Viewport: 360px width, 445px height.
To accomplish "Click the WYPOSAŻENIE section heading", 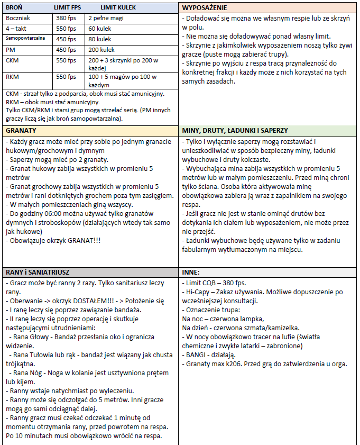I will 205,8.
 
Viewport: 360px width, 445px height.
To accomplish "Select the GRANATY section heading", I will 21,130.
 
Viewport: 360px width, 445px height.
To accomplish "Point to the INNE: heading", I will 190,272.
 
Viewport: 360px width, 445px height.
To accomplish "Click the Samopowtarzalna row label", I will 25,39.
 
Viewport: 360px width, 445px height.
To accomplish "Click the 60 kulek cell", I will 100,29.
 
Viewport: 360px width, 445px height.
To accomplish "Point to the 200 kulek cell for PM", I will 101,49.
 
